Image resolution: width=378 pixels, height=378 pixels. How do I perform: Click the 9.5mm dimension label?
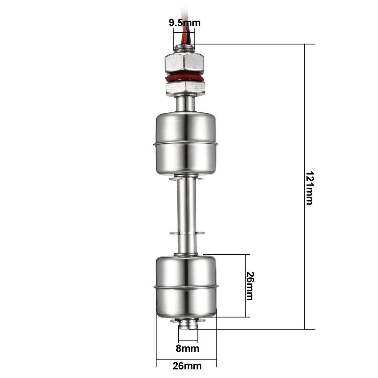[185, 23]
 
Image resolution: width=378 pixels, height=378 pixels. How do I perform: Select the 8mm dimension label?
[188, 348]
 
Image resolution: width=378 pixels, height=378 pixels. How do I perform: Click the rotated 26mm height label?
[250, 286]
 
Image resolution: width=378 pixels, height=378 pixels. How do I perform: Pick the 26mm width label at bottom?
[187, 366]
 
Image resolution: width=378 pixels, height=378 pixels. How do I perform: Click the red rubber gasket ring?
[185, 78]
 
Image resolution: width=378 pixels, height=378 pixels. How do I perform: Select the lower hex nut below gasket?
[185, 88]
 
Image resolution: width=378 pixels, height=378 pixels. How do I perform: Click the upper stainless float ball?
[187, 144]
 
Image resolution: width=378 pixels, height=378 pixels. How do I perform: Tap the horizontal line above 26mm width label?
[187, 360]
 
